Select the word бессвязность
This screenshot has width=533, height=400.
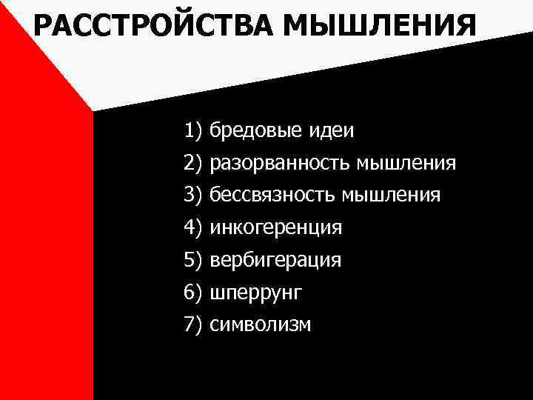point(272,196)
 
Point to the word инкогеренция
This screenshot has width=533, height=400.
point(276,228)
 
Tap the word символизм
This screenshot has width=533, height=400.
point(261,324)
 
